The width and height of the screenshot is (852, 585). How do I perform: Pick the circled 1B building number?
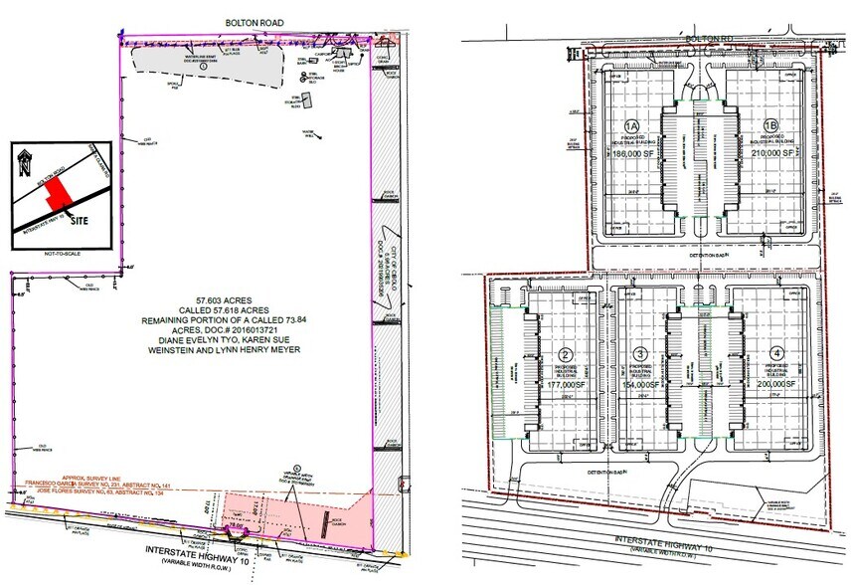[771, 126]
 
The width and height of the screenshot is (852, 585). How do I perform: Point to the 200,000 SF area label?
[775, 383]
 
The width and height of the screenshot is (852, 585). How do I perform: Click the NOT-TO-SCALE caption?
[61, 257]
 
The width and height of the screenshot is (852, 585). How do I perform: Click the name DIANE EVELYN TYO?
[215, 334]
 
